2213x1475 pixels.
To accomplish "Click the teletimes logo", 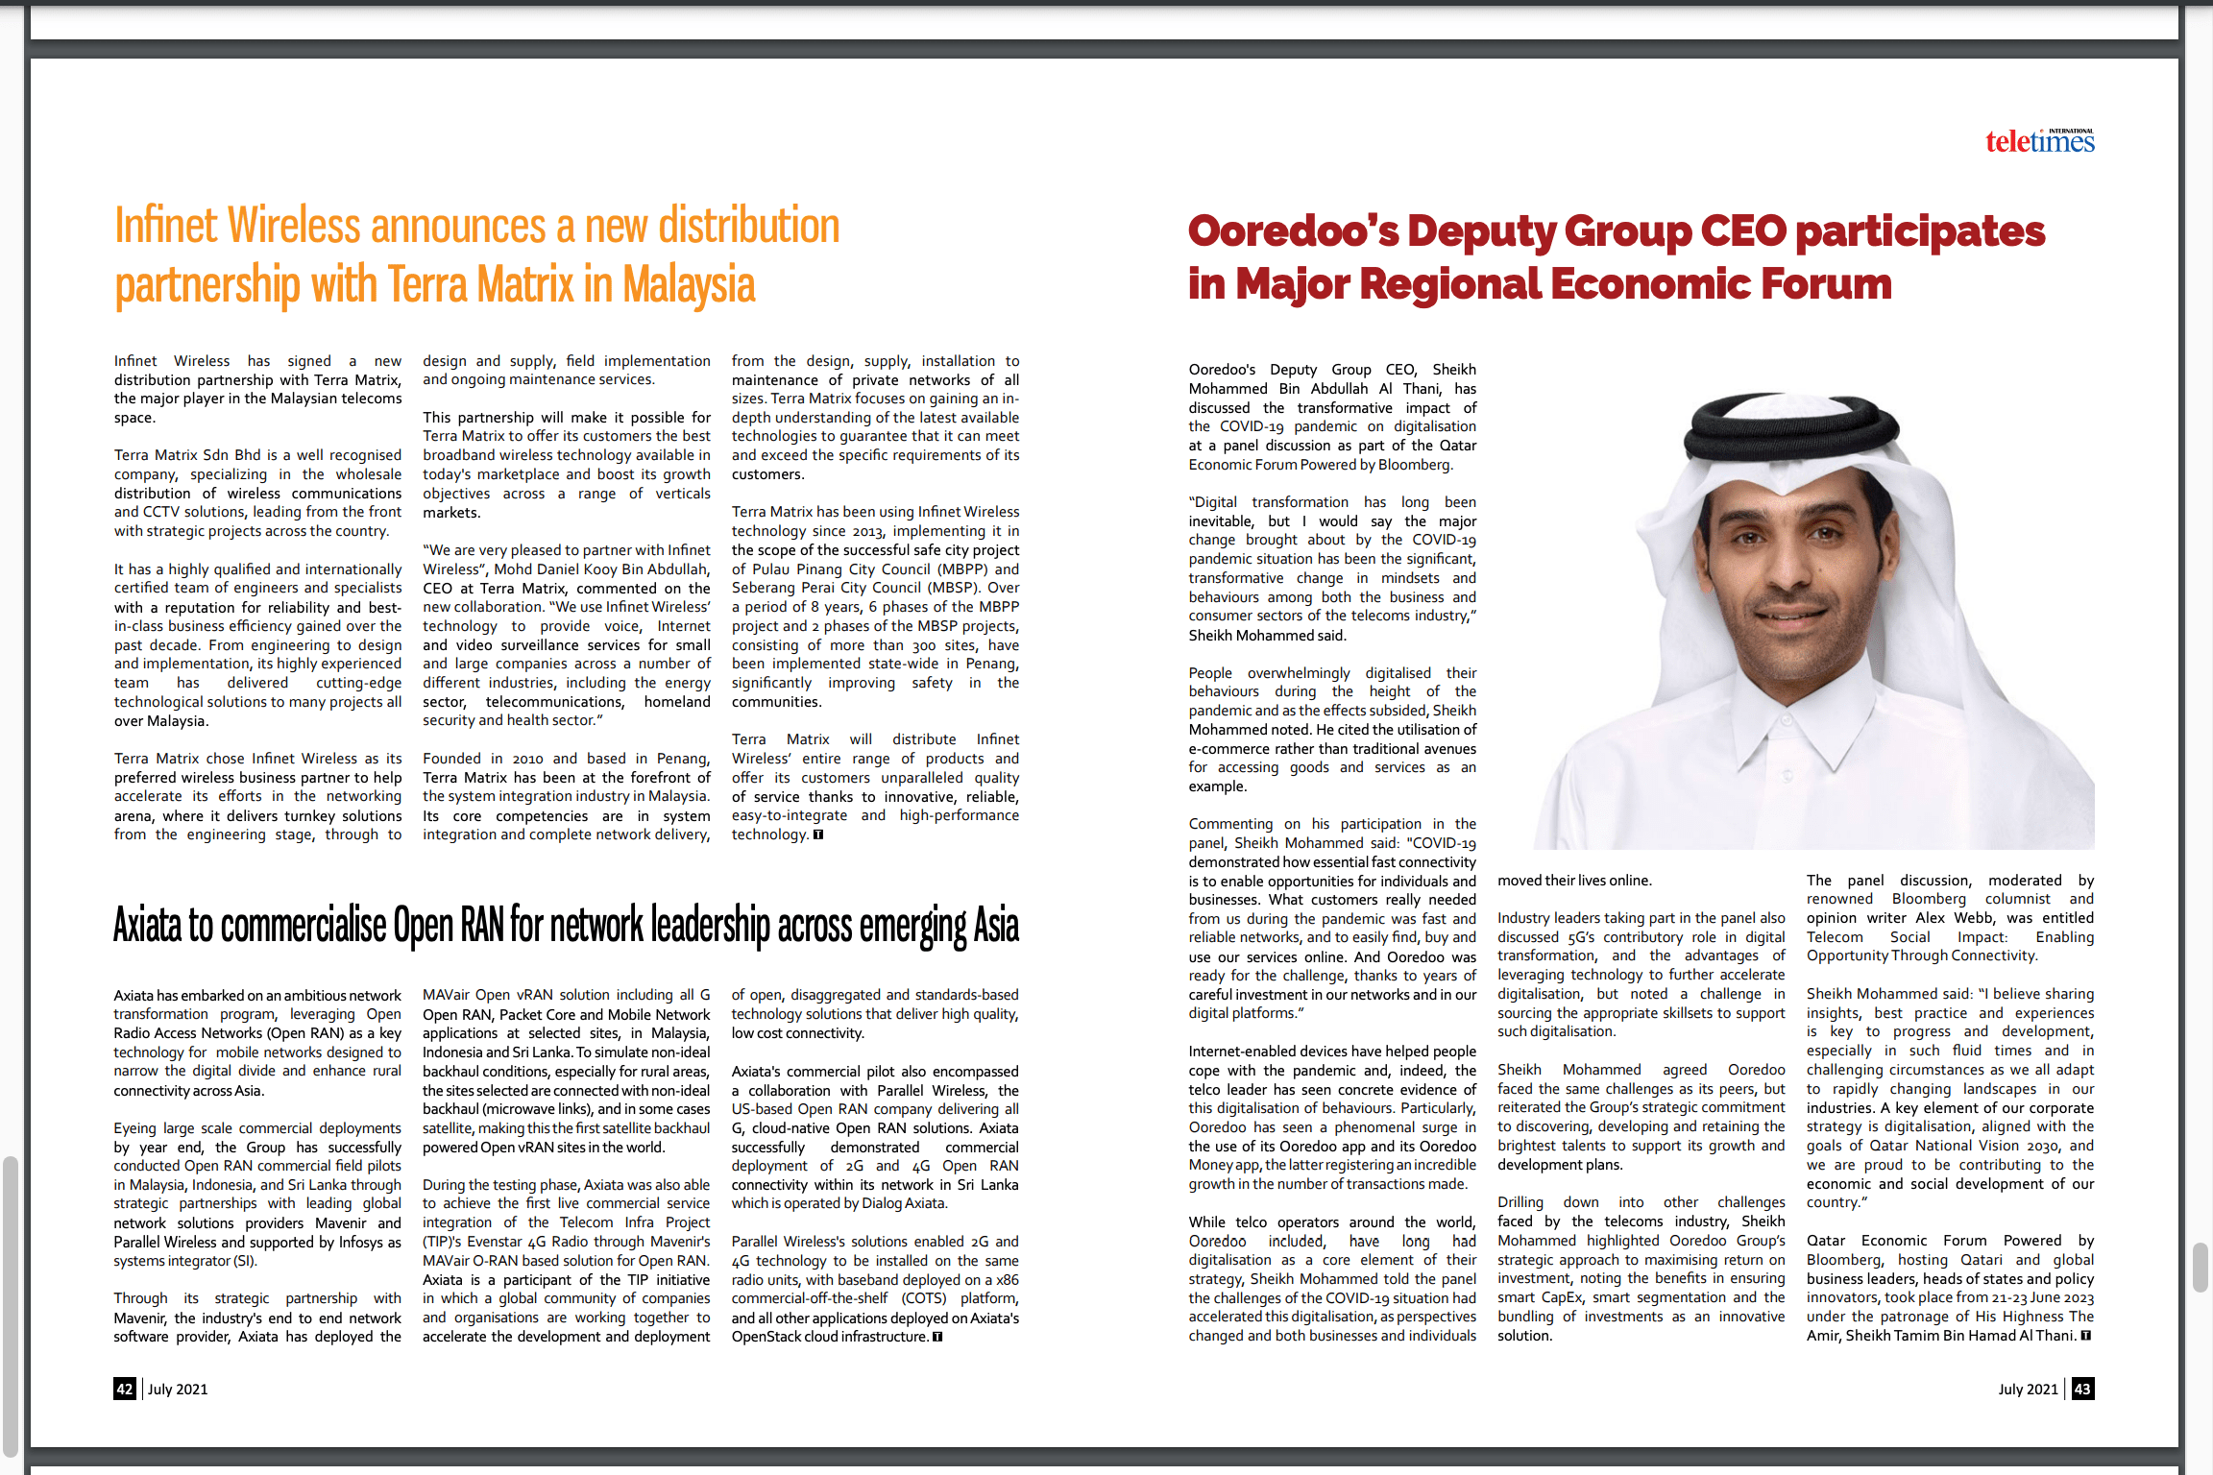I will pyautogui.click(x=2039, y=142).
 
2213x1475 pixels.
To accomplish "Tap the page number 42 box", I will pyautogui.click(x=125, y=1389).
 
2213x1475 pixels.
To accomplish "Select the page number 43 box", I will pyautogui.click(x=2082, y=1389).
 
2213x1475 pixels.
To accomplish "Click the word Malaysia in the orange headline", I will pyautogui.click(x=689, y=285).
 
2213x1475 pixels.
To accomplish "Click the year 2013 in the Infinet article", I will pyautogui.click(x=868, y=531).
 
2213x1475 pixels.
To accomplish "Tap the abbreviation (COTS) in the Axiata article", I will pyautogui.click(x=924, y=1298).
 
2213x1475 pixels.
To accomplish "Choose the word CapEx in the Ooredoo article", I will pyautogui.click(x=1562, y=1297).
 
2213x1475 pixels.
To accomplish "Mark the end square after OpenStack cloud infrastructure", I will pyautogui.click(x=937, y=1337).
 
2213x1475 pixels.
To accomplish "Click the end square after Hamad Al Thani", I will pyautogui.click(x=2085, y=1336).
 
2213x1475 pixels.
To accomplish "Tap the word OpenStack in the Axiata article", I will pyautogui.click(x=767, y=1337).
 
